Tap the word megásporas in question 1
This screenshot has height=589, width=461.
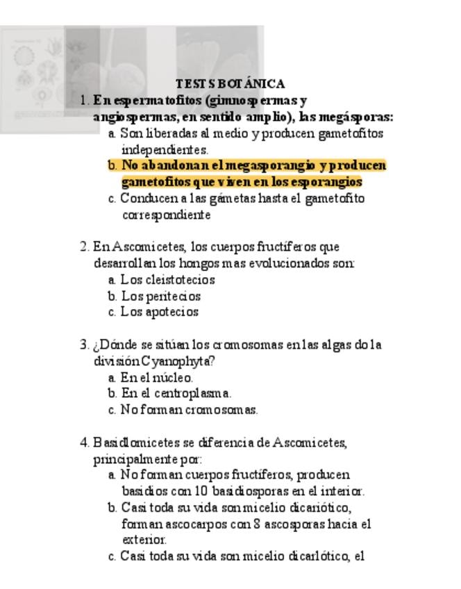click(x=356, y=116)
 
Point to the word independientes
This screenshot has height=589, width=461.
click(x=165, y=149)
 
